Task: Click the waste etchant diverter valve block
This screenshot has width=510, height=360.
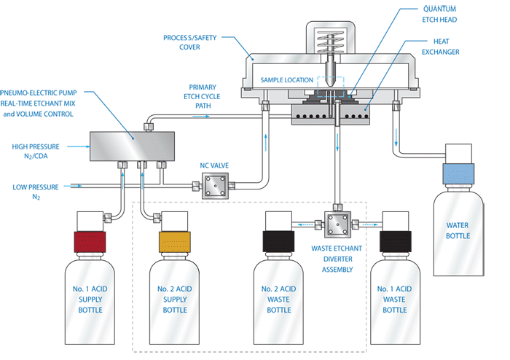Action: [x=337, y=225]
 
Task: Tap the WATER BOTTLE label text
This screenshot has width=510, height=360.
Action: [x=458, y=230]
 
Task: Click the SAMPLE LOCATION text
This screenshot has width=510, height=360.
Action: [x=285, y=79]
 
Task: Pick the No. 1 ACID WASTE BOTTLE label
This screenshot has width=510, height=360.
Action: [x=395, y=300]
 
